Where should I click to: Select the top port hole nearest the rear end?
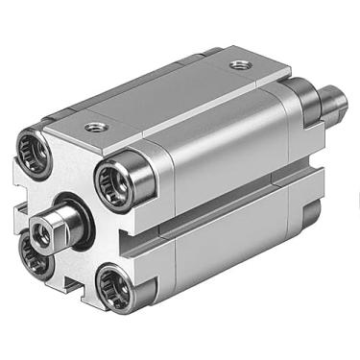pyautogui.click(x=238, y=65)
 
